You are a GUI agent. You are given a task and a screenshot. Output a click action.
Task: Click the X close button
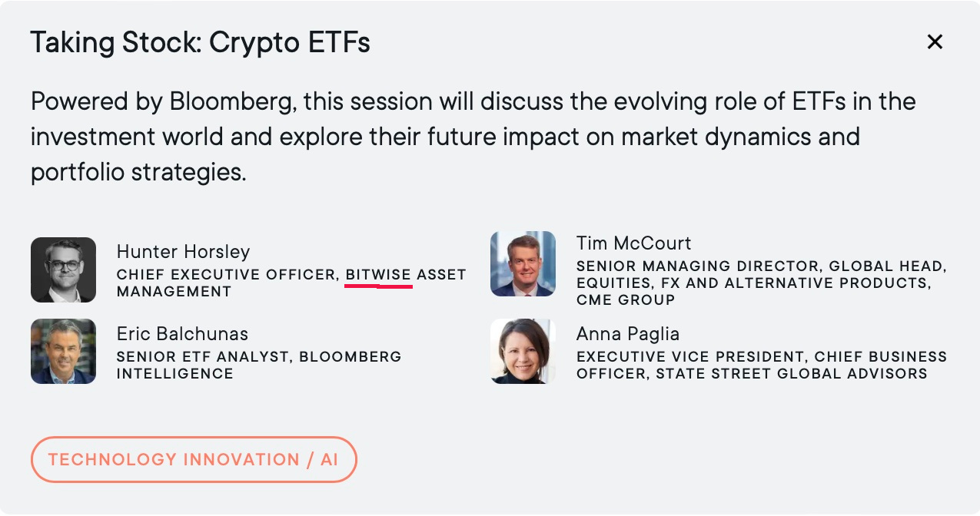[935, 42]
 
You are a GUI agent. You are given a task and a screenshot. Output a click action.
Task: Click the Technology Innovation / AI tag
[194, 459]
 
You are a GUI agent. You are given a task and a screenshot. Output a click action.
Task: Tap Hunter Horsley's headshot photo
[64, 270]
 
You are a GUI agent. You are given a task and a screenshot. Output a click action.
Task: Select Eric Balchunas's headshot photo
[64, 351]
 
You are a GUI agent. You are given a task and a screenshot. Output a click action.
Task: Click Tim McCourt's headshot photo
[523, 264]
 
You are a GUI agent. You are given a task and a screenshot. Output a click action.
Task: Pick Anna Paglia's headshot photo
[523, 351]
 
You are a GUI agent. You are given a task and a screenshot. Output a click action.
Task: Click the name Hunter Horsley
[183, 252]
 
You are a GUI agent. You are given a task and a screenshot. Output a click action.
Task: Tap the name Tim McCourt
[633, 243]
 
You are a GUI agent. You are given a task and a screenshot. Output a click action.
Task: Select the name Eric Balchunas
[182, 334]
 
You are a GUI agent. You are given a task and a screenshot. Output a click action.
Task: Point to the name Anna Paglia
[628, 334]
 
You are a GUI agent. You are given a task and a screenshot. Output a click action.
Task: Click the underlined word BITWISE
[378, 274]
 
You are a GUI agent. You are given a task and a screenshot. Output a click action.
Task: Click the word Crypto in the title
[254, 43]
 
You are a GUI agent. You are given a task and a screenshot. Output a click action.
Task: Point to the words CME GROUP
[626, 299]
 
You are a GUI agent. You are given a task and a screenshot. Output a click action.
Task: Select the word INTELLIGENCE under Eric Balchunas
[175, 374]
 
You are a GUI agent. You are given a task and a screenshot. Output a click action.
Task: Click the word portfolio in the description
[78, 172]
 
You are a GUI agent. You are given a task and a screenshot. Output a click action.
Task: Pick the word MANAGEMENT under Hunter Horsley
[174, 292]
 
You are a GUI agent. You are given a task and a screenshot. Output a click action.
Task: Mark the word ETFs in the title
[339, 42]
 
